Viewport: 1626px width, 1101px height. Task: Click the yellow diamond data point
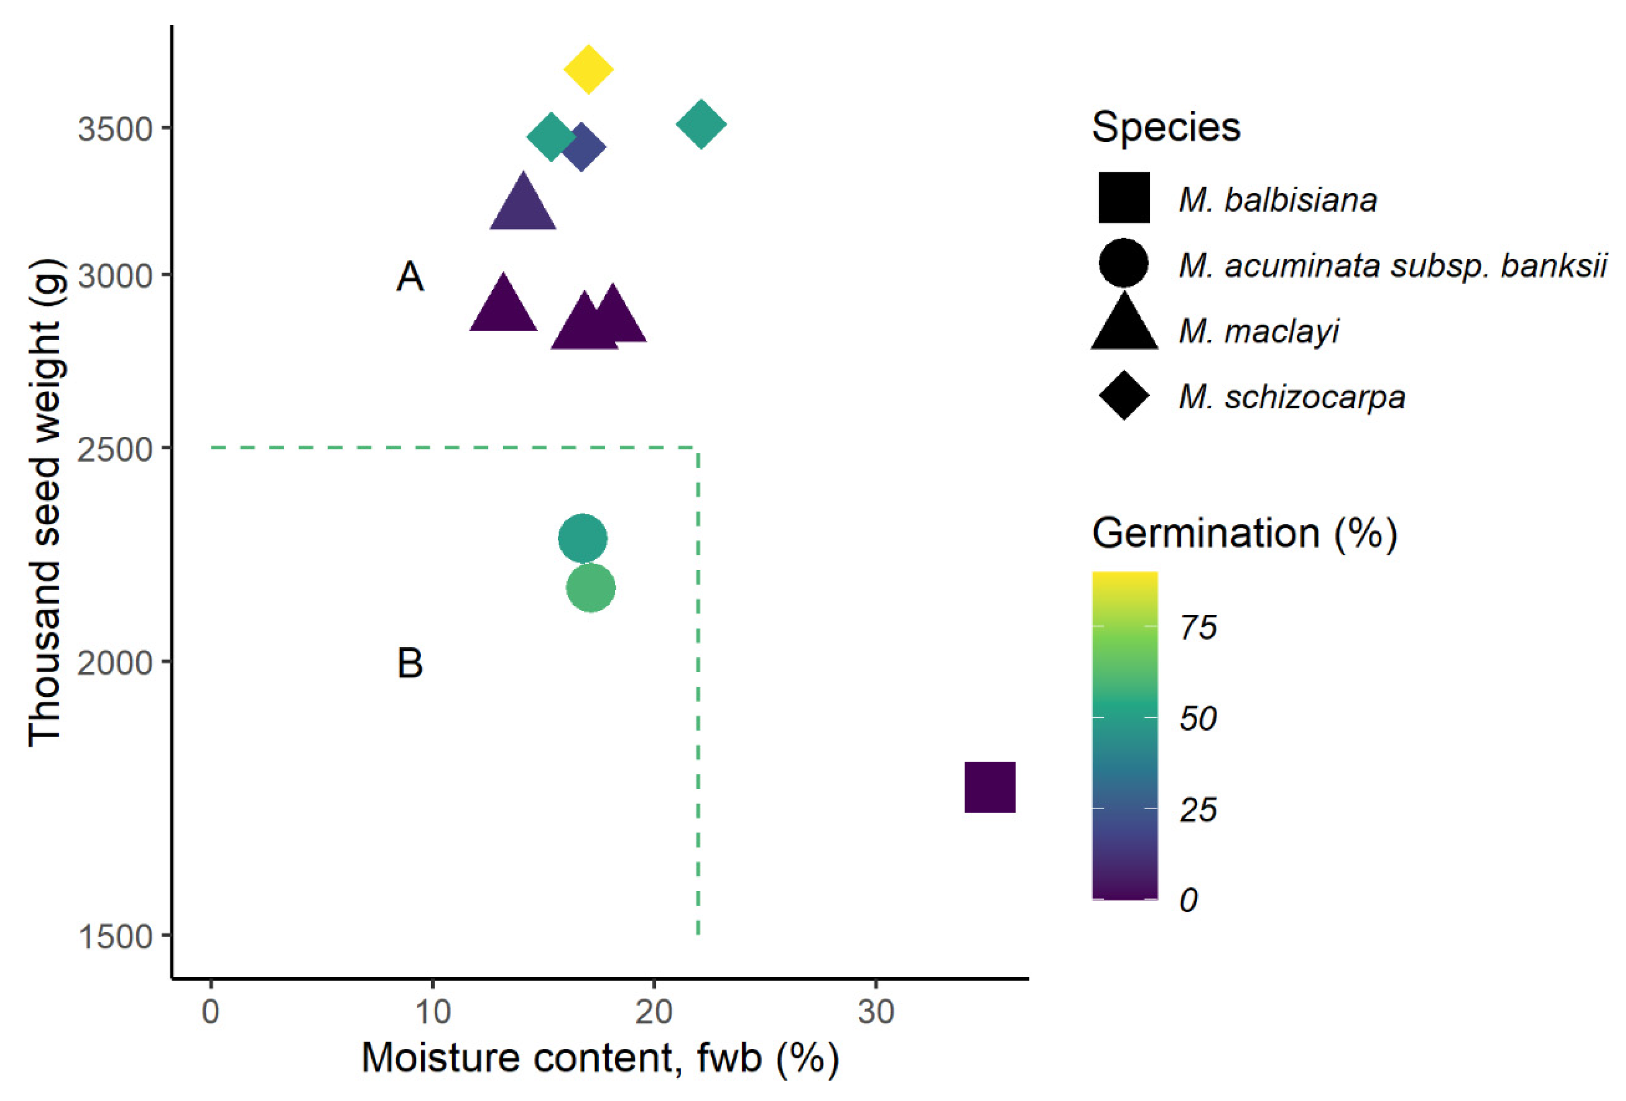pos(588,69)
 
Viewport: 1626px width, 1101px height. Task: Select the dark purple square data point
pos(989,787)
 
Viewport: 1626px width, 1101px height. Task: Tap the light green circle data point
pos(591,587)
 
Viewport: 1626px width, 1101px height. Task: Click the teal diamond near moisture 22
pos(701,124)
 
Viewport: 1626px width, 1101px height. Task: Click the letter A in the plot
pos(410,277)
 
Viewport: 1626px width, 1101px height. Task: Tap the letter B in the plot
pos(410,663)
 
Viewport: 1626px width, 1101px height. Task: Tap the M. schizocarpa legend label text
pos(1292,397)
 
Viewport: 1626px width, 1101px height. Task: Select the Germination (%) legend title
pos(1244,534)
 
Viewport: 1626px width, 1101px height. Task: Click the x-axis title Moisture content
pos(600,1058)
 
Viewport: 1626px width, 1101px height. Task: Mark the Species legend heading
pos(1166,127)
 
